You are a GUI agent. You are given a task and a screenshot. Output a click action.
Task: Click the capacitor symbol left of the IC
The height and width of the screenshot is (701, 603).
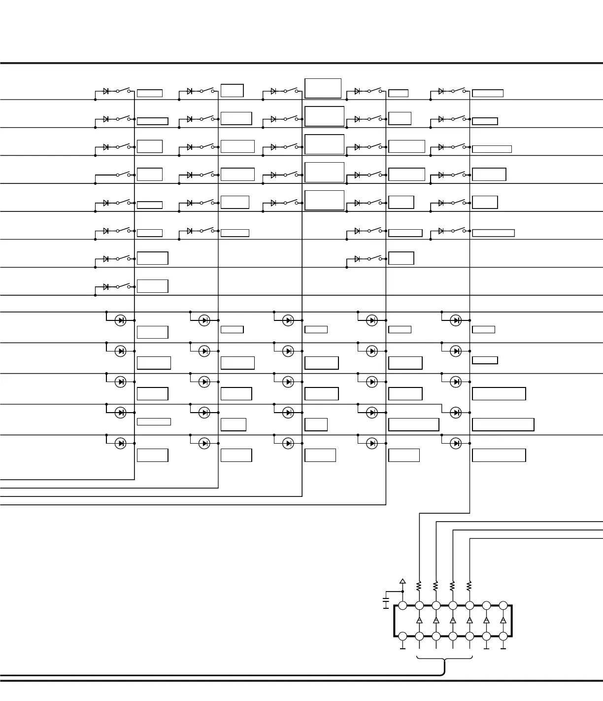point(386,602)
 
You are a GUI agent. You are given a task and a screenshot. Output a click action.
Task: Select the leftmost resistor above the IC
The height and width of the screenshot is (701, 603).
point(419,586)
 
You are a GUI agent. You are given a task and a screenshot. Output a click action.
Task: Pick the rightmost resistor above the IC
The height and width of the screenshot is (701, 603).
point(469,586)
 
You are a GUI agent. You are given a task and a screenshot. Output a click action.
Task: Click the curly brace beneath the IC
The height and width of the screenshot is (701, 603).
point(444,660)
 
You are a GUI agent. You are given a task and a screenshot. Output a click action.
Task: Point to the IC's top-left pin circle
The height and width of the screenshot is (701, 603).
point(402,605)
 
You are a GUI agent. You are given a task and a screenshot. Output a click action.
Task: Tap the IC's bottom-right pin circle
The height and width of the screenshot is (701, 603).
point(503,636)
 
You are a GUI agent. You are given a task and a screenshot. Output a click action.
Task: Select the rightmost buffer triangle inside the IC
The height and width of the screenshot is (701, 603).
point(503,620)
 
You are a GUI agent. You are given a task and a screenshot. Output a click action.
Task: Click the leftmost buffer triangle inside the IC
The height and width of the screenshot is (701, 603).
point(419,620)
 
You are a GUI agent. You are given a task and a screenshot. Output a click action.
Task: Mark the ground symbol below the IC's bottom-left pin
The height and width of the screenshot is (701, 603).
point(402,648)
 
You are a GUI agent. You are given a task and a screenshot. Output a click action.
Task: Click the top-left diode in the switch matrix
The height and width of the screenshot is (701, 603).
point(106,91)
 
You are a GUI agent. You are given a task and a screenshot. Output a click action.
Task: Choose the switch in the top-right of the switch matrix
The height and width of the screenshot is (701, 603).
point(459,91)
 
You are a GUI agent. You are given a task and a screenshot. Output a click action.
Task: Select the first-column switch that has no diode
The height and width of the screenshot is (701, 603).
point(123,175)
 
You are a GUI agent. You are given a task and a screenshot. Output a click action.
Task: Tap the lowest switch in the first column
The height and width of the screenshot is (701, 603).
point(123,286)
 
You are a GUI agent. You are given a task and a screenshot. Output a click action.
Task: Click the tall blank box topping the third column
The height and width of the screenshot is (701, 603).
point(323,88)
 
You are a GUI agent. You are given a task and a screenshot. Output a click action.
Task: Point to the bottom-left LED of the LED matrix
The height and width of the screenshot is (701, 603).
point(120,443)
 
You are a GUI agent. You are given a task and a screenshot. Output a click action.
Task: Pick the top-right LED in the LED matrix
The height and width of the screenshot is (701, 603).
point(456,320)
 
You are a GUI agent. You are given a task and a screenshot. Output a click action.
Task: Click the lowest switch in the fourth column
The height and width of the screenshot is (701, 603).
point(374,258)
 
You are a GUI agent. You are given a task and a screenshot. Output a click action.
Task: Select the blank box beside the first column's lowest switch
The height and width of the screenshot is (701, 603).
point(152,286)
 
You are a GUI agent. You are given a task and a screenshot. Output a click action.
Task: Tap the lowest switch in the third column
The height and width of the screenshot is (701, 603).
point(291,203)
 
